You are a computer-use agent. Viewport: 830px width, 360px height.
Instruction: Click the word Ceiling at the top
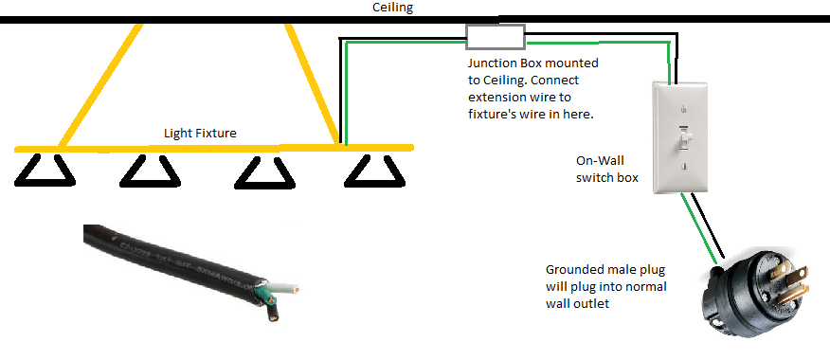click(390, 8)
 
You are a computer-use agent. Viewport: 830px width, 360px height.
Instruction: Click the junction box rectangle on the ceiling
click(496, 37)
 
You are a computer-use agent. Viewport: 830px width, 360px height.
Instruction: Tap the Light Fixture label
click(200, 134)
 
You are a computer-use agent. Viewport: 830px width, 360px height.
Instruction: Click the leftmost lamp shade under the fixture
click(46, 170)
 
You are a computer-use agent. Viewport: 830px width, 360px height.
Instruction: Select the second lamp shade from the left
click(151, 170)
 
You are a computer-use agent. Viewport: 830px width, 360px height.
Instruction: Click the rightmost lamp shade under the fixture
click(372, 170)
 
